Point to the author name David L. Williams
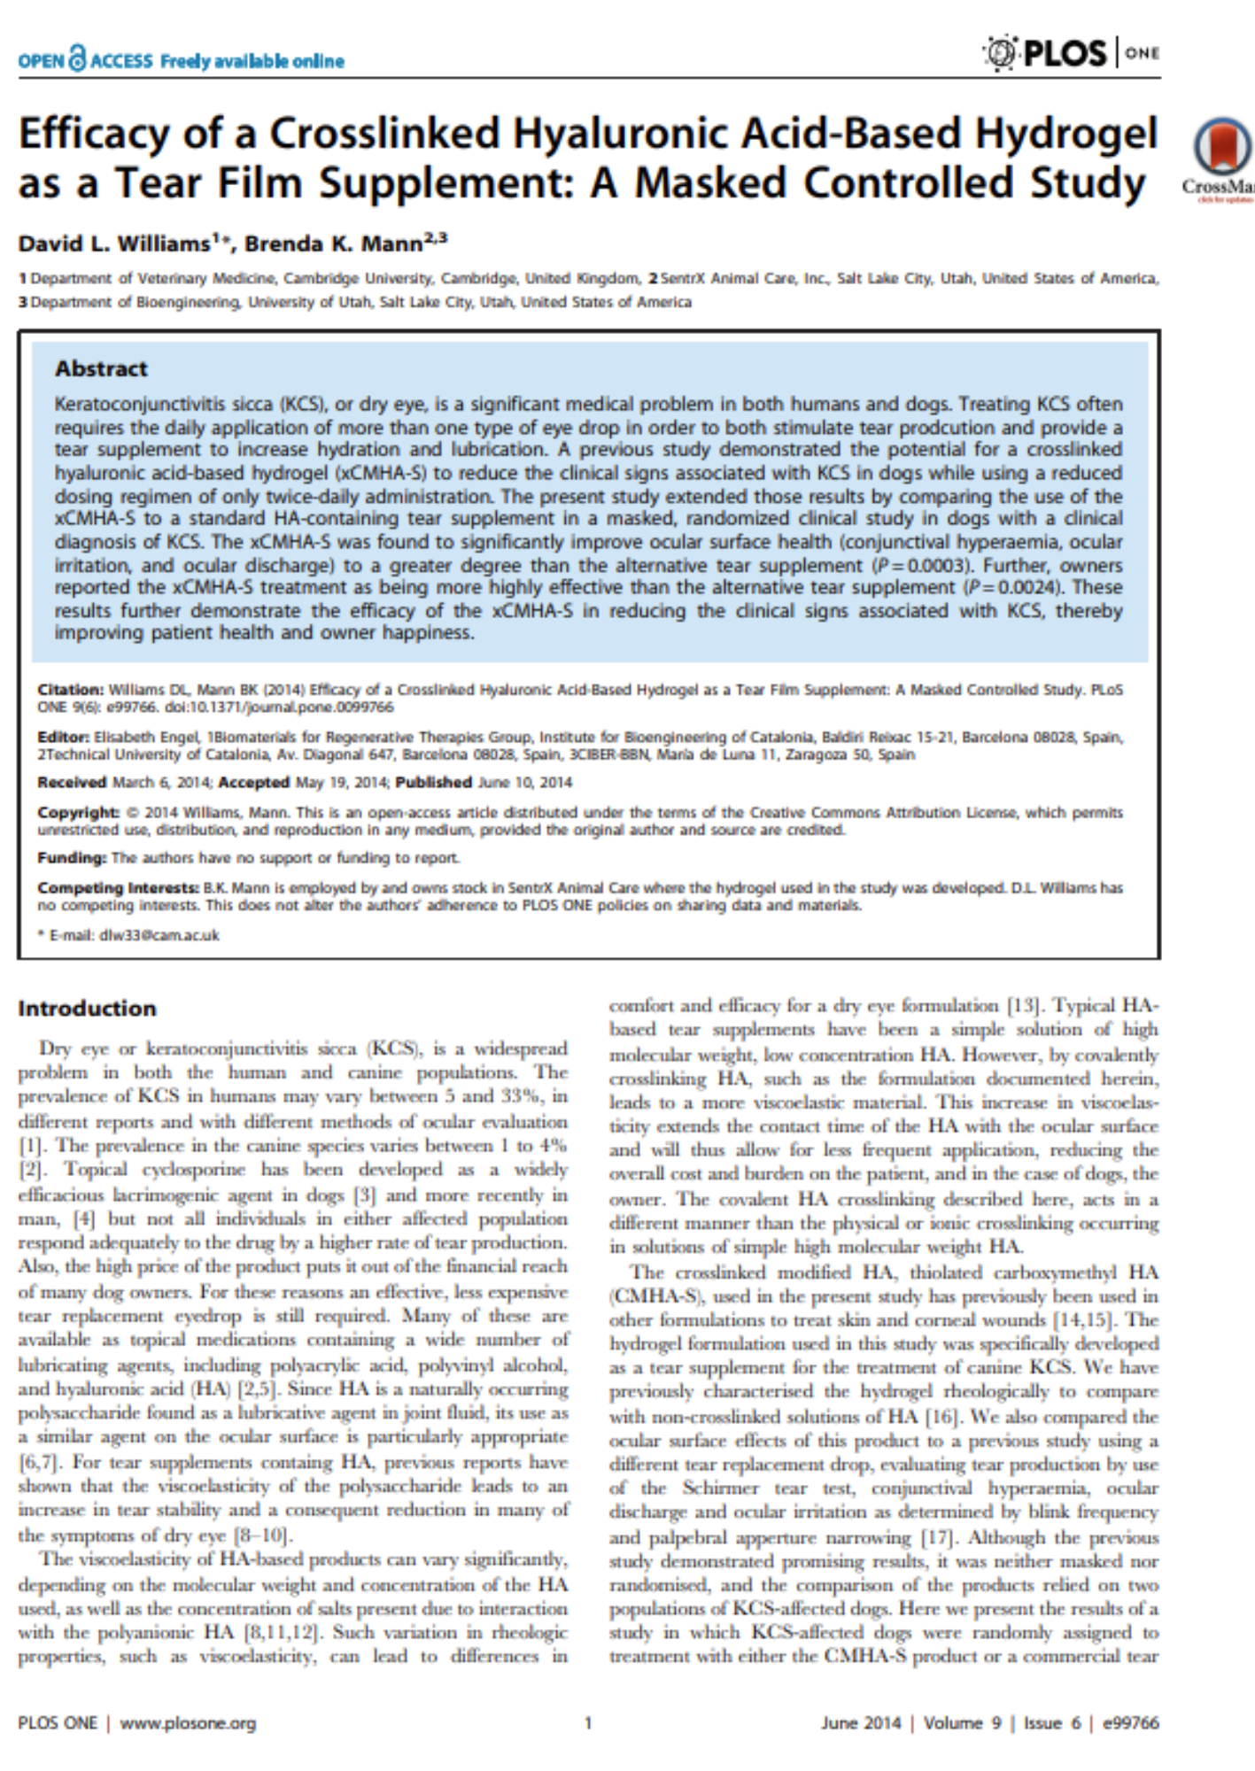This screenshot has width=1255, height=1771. coord(115,244)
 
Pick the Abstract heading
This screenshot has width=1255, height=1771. coord(101,368)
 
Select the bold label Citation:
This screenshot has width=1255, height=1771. coord(70,690)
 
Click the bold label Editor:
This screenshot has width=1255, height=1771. coord(63,737)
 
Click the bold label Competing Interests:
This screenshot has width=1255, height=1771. coord(118,887)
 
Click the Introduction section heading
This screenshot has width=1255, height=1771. coord(87,1009)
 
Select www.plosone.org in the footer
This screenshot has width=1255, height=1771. coord(188,1722)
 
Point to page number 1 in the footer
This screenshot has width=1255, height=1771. coord(587,1722)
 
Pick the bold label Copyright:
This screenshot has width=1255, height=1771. coord(78,812)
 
